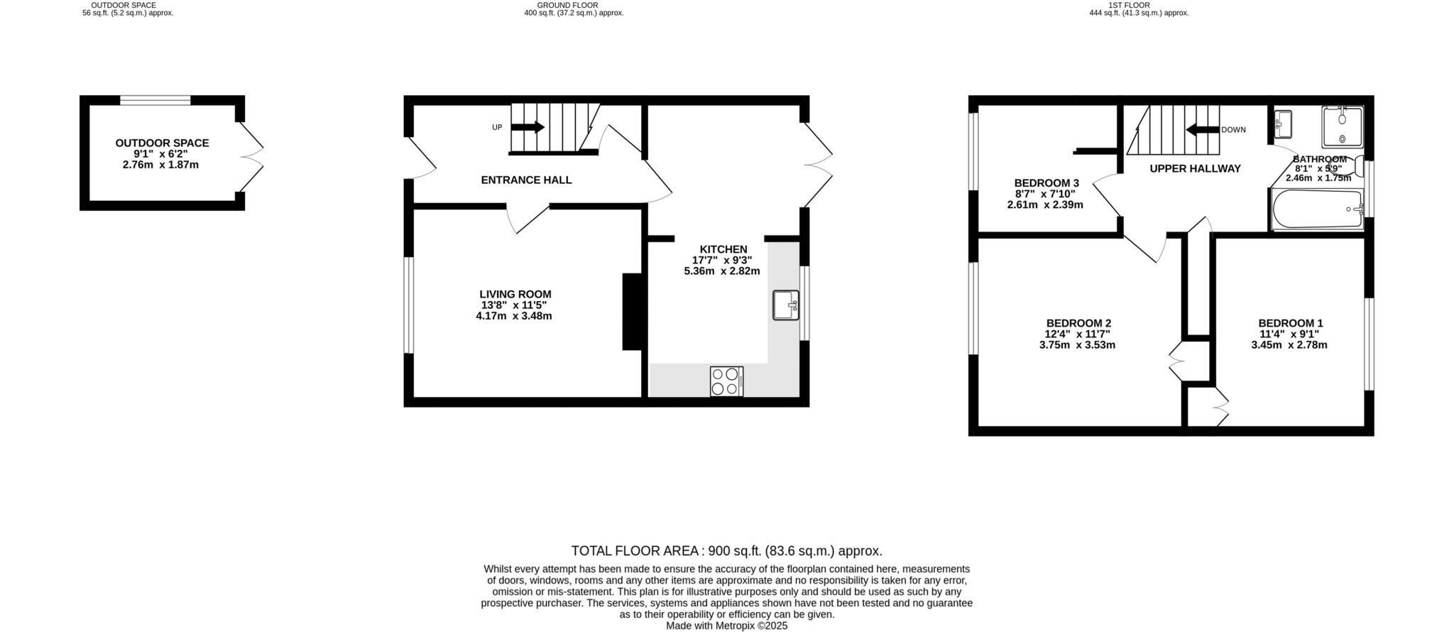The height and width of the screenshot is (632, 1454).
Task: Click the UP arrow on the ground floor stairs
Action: pos(528,127)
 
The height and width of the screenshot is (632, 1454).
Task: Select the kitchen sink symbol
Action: pos(786,305)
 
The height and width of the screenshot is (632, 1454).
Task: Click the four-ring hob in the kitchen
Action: pos(726,381)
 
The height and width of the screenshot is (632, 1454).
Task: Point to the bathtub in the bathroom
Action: pos(1317,209)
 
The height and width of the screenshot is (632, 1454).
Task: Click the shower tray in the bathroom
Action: pos(1342,126)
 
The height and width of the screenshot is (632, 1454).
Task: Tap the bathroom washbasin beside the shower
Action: pos(1282,124)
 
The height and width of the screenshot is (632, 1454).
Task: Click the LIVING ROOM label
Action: pos(515,294)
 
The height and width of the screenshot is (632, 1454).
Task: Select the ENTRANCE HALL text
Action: pos(526,180)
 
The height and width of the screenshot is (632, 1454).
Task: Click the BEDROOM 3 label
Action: pos(1046,183)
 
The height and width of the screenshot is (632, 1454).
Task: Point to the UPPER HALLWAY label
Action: pos(1195,169)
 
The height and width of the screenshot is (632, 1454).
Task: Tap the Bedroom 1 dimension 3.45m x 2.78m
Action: pos(1289,345)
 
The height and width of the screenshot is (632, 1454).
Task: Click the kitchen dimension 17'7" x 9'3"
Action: pos(721,260)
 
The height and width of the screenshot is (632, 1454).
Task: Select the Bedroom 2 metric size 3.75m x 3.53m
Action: pos(1077,345)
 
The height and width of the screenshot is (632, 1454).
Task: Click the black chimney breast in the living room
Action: pos(631,312)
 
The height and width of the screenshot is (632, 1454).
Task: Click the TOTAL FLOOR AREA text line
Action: pos(726,551)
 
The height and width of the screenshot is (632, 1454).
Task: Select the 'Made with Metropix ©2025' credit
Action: pos(726,626)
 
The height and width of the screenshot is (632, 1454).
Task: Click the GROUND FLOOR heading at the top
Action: pos(567,5)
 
